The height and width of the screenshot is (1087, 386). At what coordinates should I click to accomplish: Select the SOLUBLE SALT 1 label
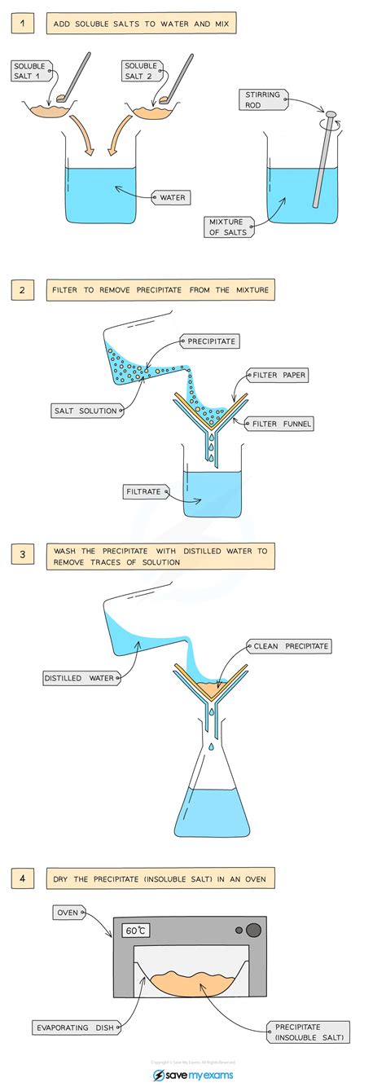pyautogui.click(x=32, y=71)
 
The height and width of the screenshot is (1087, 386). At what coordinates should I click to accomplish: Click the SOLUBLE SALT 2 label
pyautogui.click(x=140, y=71)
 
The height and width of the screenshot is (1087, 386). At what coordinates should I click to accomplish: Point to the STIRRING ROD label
pyautogui.click(x=262, y=99)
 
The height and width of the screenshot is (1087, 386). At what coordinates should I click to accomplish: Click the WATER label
pyautogui.click(x=172, y=196)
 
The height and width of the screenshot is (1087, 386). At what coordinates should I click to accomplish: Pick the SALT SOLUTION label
pyautogui.click(x=86, y=411)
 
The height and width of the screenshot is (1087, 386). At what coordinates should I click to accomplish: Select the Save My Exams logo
pyautogui.click(x=193, y=1074)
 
